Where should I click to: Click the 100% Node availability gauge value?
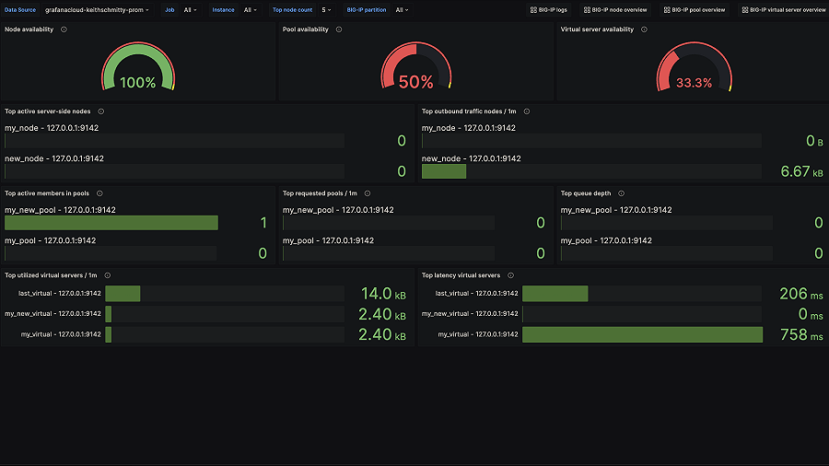point(138,82)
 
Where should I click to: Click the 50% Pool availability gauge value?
point(415,82)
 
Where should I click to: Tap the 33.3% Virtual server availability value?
point(694,83)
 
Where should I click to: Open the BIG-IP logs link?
point(548,9)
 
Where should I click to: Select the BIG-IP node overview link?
point(614,9)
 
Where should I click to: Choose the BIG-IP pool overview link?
point(695,9)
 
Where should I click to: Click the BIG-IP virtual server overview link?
point(784,9)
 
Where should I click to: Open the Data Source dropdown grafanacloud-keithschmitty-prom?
point(96,9)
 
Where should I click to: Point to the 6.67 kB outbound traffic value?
point(801,171)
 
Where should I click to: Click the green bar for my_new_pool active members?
point(111,223)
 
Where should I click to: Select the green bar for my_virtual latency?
point(642,334)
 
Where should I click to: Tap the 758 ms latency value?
point(800,335)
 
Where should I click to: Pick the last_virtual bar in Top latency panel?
point(555,294)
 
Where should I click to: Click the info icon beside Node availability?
point(64,29)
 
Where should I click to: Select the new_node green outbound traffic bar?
point(444,171)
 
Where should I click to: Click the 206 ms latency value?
point(800,294)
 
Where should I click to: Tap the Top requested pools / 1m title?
point(320,193)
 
